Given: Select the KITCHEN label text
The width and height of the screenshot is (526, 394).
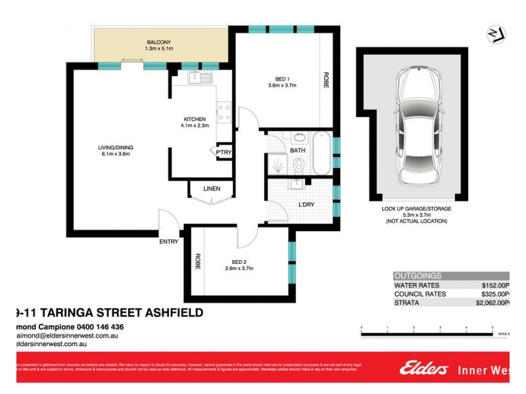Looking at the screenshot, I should tap(195, 119).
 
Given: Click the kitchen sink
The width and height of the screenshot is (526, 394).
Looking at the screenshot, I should tap(199, 79).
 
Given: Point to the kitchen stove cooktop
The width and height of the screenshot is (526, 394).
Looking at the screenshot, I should tap(224, 112).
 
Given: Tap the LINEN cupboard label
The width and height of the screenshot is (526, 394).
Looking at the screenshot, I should tap(211, 189).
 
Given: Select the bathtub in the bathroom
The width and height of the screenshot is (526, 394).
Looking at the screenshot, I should tap(322, 153).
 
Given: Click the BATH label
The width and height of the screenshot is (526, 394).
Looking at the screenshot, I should tap(298, 150).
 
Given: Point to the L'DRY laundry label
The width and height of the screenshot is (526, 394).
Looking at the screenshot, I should tap(306, 205).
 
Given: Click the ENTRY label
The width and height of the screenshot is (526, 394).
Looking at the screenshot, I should tap(168, 242).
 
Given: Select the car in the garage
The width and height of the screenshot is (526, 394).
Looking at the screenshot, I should tap(416, 128).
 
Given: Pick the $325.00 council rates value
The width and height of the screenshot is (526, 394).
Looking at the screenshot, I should tap(494, 294).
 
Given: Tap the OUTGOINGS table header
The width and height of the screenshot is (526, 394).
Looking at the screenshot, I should tap(418, 276).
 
